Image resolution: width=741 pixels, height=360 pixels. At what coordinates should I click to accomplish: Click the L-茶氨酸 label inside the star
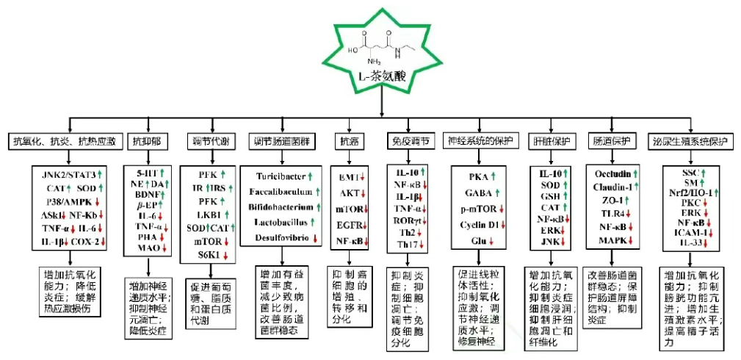pos(382,76)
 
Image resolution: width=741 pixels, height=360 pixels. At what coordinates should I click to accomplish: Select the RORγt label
pos(407,220)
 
